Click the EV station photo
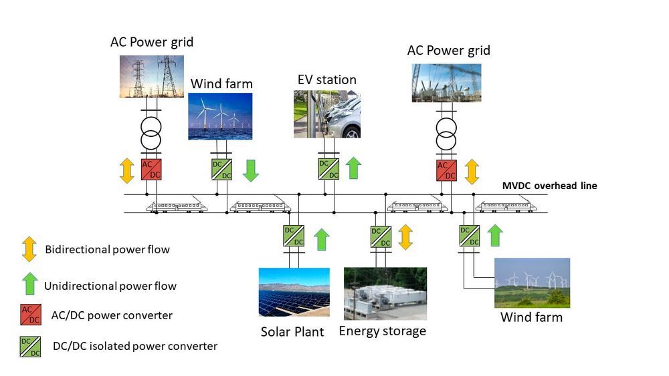[326, 114]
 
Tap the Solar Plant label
[293, 332]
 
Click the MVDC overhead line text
[550, 186]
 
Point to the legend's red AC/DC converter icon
[29, 315]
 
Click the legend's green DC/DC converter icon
[29, 346]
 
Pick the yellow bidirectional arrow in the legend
[29, 249]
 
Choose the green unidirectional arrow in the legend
[29, 284]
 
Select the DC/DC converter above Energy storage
[381, 236]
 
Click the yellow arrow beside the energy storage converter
[405, 236]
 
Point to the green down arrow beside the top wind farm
[251, 170]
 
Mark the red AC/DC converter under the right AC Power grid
[446, 170]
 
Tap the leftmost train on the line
[177, 206]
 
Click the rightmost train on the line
[506, 206]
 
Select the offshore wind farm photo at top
[220, 116]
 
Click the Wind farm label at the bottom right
[531, 317]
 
